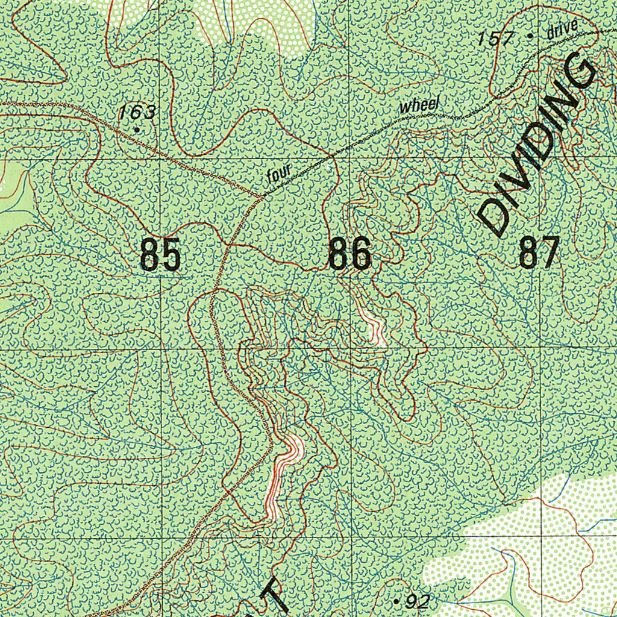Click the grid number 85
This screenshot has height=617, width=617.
[x=160, y=254]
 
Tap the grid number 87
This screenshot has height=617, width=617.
[x=539, y=252]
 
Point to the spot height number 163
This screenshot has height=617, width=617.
[x=137, y=112]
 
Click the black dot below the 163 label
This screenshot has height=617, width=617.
[x=137, y=129]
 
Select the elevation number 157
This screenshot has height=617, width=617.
[x=495, y=40]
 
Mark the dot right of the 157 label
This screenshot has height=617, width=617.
[x=529, y=36]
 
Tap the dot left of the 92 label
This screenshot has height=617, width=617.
[x=396, y=601]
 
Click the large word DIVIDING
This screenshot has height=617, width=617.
[x=536, y=145]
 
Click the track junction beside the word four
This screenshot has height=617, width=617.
[x=260, y=196]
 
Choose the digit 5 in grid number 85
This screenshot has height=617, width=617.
[x=170, y=254]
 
